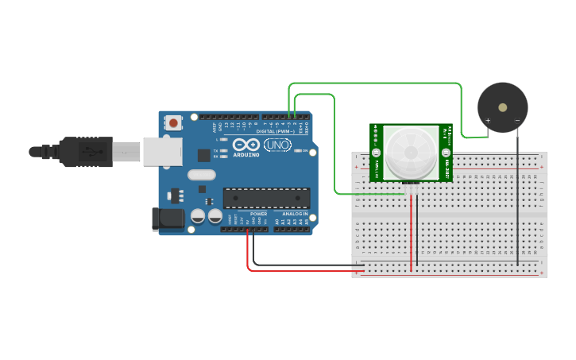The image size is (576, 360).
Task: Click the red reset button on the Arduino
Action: (173, 122)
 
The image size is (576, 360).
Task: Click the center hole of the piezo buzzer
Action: (501, 106)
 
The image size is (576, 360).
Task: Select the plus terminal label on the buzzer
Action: (488, 121)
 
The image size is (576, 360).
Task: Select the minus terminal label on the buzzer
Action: (516, 121)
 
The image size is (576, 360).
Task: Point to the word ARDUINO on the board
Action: (248, 155)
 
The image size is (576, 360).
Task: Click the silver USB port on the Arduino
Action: (163, 151)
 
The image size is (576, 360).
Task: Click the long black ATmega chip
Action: (266, 198)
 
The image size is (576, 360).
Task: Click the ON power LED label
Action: (305, 150)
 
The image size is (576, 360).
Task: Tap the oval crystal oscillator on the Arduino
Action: (202, 175)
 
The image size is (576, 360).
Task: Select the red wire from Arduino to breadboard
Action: (302, 271)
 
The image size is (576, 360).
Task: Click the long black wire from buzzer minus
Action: (517, 199)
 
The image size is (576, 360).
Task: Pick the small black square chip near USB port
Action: (204, 155)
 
